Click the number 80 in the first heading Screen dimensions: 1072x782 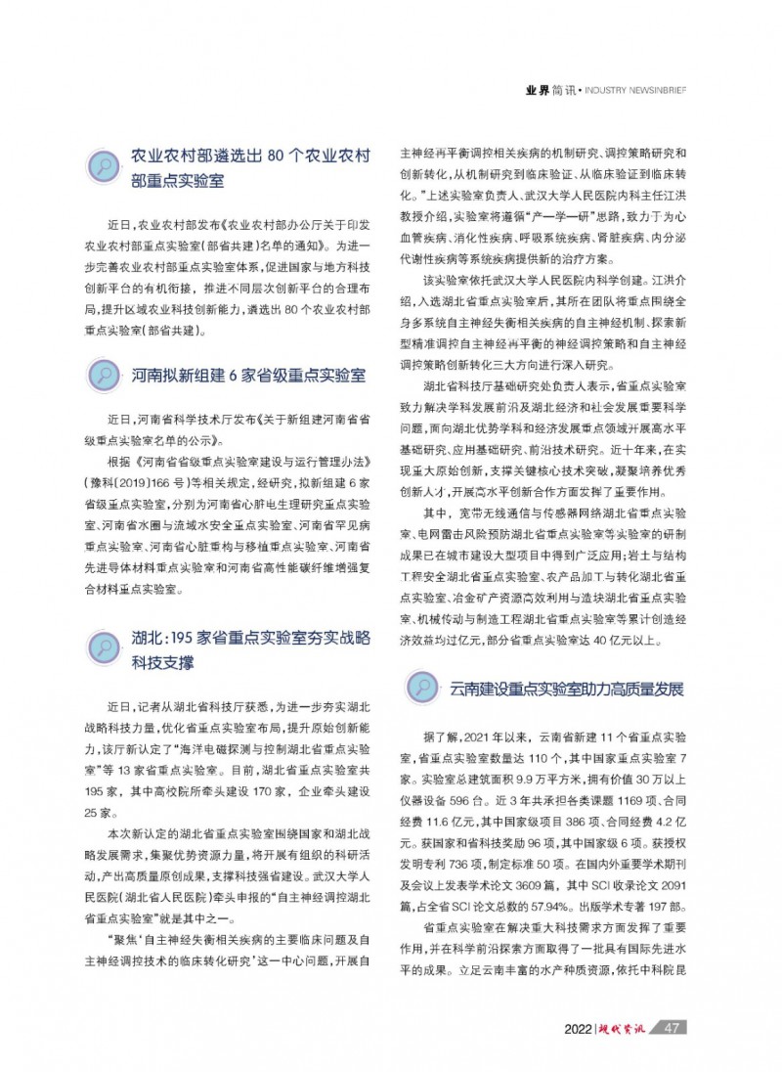(x=278, y=156)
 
